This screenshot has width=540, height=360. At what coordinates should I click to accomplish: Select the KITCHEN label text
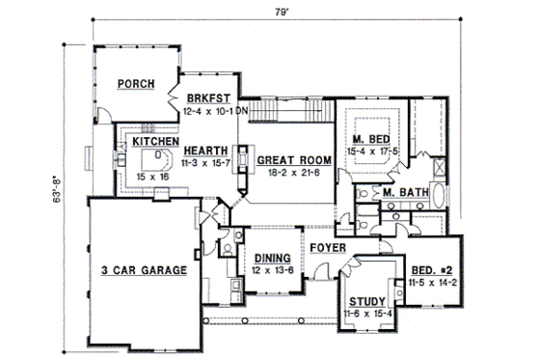156,141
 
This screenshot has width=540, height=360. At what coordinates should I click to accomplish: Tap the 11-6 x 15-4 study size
368,315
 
